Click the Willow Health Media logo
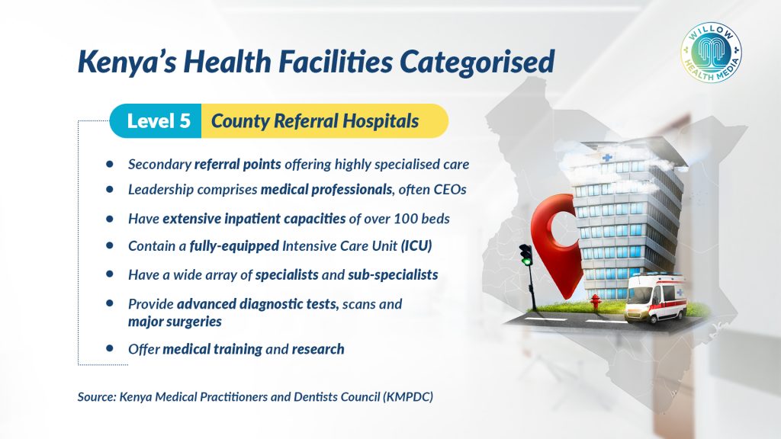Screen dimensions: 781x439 tap(711, 52)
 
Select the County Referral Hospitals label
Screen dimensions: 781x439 tap(315, 121)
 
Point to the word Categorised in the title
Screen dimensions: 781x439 tap(477, 62)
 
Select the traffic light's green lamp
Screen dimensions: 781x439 tap(525, 261)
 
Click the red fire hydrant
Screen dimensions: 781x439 tap(594, 301)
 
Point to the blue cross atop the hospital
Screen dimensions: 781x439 tap(606, 157)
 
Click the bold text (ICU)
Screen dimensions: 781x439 tap(416, 246)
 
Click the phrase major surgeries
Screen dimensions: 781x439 tap(175, 322)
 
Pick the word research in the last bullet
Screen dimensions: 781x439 tap(318, 349)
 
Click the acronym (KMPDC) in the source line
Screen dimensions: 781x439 tap(408, 396)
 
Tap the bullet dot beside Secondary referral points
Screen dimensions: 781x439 tap(110, 163)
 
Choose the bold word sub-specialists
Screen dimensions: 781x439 tap(393, 274)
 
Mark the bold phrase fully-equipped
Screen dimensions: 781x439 tap(234, 246)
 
